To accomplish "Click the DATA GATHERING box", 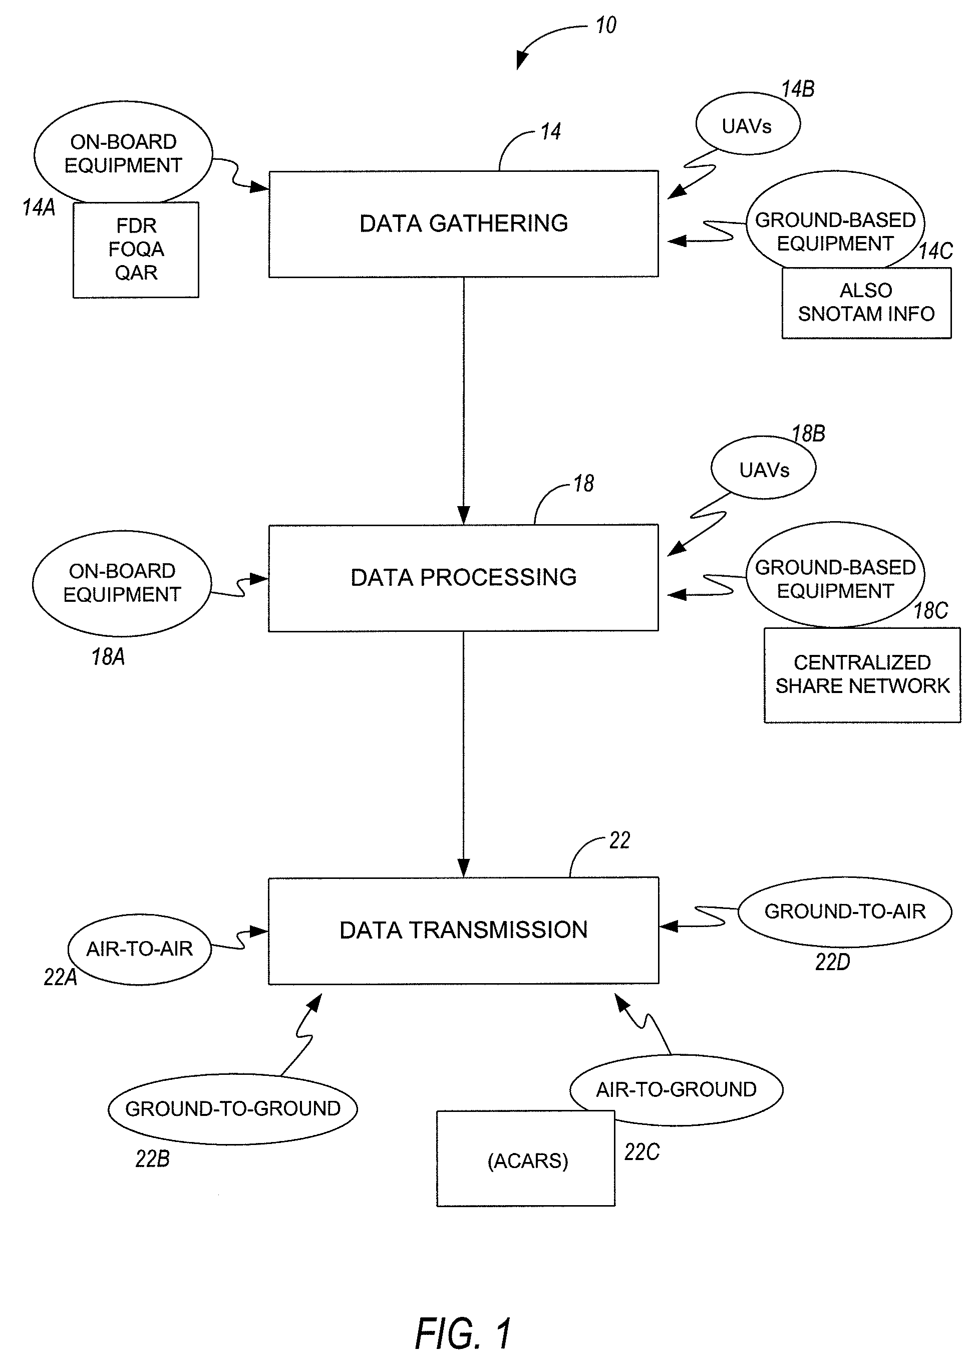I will (x=463, y=223).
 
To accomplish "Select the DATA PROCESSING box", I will (x=463, y=578).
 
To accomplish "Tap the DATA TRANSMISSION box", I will (x=463, y=930).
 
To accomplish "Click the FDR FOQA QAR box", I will (x=136, y=250).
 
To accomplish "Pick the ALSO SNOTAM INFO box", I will (x=866, y=303).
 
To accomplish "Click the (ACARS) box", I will (x=526, y=1161).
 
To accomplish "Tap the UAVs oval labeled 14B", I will (x=747, y=125).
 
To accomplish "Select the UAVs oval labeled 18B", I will (x=763, y=469).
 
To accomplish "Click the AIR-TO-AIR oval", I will (x=140, y=949).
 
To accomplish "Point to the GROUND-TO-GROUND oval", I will (x=232, y=1108).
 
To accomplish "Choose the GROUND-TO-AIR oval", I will (x=844, y=911).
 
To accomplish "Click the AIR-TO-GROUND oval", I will (x=676, y=1088).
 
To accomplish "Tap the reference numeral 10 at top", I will (x=606, y=26).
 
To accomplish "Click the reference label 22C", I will (x=641, y=1152).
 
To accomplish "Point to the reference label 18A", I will (x=108, y=657).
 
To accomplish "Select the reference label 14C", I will (x=936, y=251).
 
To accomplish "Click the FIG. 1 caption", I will (x=463, y=1333).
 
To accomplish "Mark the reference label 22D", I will (x=832, y=962).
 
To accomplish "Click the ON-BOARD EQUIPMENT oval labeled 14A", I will (x=123, y=153).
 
